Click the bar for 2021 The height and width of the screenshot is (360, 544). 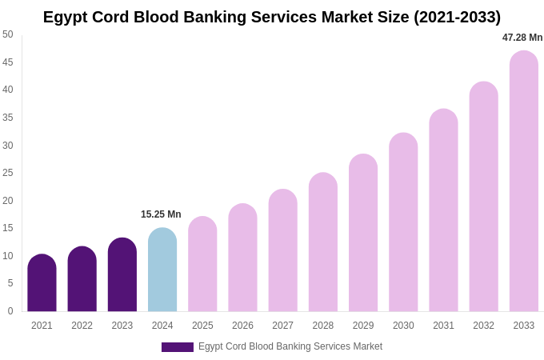(42, 283)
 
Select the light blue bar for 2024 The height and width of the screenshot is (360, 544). (162, 270)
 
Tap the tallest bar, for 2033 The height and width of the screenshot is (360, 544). (524, 182)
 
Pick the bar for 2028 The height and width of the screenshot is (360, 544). (323, 242)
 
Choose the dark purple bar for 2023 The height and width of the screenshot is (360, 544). (122, 274)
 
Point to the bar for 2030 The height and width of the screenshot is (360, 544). (403, 222)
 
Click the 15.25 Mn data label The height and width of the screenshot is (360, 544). (161, 214)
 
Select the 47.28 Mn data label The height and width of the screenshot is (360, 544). (522, 38)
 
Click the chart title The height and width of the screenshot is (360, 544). (272, 17)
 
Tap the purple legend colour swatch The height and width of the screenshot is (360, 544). (178, 347)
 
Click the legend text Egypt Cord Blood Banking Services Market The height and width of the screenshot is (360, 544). (290, 346)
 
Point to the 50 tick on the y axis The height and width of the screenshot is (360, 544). (8, 34)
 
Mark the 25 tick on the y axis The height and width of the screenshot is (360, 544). (8, 173)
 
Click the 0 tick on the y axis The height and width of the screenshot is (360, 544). (10, 311)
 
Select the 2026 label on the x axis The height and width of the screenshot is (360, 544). (242, 326)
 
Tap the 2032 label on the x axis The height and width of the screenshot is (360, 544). (483, 326)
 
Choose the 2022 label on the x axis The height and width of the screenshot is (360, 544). (82, 326)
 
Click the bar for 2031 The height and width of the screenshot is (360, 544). (443, 210)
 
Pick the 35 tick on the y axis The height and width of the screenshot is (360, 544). (8, 118)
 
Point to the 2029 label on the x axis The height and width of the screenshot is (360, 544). (363, 326)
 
